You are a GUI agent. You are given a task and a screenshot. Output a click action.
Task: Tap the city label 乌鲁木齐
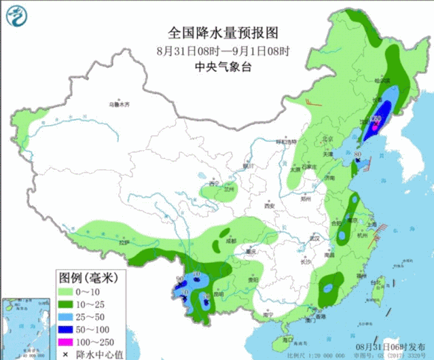pos(119,104)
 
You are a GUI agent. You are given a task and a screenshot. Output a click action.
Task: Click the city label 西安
pos(269,205)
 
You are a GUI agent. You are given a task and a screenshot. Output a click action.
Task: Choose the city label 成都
pos(232,240)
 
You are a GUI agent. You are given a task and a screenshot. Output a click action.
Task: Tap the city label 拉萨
pos(123,242)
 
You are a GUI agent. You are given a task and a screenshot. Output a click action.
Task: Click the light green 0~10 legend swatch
pos(67,291)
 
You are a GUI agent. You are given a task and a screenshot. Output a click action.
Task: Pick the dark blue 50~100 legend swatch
pos(67,329)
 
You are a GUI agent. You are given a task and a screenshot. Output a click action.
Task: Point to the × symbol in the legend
pos(67,353)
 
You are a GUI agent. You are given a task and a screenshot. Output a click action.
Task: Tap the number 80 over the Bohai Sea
pos(357,155)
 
